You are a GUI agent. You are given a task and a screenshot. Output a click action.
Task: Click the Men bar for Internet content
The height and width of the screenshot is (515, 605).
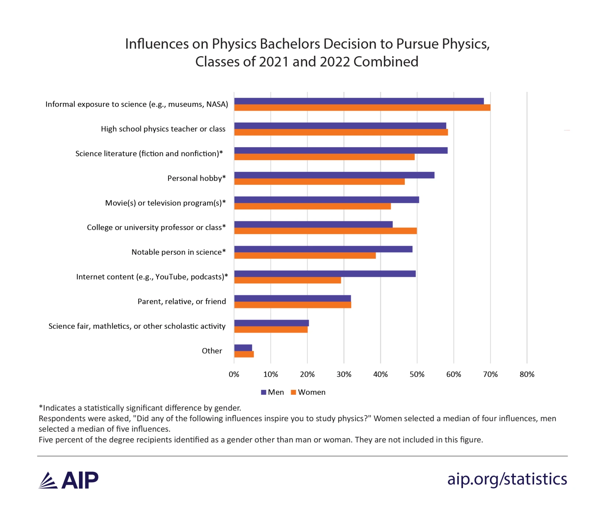[325, 274]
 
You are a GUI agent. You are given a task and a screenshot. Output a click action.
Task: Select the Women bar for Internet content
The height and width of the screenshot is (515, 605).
[287, 280]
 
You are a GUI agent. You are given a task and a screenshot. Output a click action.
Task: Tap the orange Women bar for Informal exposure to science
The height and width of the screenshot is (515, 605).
[362, 108]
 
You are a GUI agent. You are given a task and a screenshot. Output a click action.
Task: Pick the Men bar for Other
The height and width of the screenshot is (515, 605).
[243, 348]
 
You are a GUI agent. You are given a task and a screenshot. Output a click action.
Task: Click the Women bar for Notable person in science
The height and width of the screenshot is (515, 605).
[305, 256]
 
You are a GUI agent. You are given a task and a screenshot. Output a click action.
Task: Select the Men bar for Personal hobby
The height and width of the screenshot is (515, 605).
[334, 175]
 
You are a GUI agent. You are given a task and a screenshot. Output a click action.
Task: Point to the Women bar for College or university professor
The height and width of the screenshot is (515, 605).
[325, 231]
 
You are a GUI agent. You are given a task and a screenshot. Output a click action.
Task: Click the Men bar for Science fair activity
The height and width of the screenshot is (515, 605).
[272, 323]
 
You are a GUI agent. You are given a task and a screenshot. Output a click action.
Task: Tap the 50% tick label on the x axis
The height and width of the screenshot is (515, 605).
[417, 374]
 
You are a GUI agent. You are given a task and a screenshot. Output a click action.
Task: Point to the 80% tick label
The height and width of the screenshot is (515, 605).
[527, 374]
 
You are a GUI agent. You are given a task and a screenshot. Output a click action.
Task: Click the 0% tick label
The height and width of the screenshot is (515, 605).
[234, 374]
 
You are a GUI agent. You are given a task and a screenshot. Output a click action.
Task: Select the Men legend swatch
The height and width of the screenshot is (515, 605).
[263, 393]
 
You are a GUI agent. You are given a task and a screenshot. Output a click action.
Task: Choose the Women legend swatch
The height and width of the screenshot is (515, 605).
[294, 393]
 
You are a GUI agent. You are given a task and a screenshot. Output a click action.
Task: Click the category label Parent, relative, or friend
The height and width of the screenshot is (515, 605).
[181, 301]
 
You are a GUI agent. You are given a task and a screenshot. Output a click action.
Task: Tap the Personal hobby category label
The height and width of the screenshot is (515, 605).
[196, 178]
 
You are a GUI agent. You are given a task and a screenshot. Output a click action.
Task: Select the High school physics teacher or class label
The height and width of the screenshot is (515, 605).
[163, 129]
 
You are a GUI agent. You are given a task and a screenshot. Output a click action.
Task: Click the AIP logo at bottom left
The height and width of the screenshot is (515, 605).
[68, 480]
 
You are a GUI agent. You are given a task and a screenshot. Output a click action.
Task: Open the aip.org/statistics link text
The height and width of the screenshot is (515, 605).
[507, 479]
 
